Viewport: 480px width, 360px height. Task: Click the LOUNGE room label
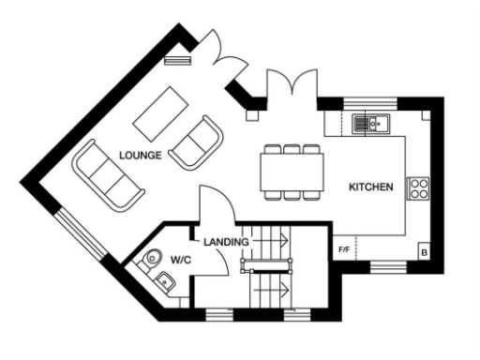coord(142,154)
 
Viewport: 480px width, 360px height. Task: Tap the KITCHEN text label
coord(370,187)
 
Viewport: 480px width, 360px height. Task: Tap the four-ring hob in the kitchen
coord(416,187)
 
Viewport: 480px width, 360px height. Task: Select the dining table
coord(291,172)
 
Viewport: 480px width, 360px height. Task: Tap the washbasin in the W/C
coord(166,280)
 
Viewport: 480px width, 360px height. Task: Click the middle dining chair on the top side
coord(291,149)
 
